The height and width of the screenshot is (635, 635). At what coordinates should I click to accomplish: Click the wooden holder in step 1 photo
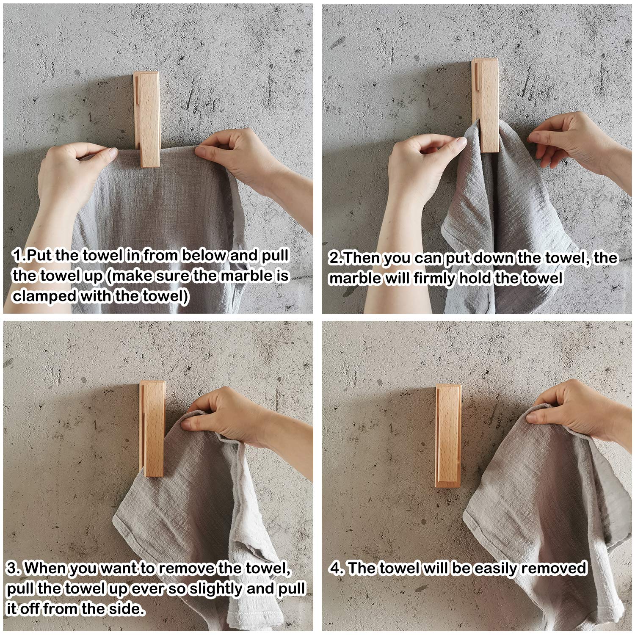click(x=147, y=119)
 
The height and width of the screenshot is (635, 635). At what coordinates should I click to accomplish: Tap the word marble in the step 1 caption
click(x=246, y=276)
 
